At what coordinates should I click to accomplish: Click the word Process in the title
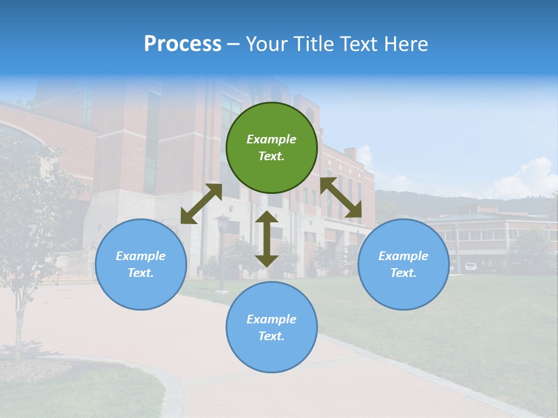[183, 44]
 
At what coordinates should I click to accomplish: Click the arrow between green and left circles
[201, 204]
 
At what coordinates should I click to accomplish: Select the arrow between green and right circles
[341, 197]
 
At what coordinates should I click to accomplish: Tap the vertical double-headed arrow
[266, 239]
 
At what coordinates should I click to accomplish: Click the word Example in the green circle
[271, 139]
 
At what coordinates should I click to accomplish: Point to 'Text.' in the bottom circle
[271, 336]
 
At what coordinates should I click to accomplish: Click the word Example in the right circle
[403, 256]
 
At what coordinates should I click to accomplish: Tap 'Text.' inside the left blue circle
[141, 273]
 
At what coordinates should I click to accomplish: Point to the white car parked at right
[471, 266]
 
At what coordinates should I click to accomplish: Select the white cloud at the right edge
[529, 177]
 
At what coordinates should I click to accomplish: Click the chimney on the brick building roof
[350, 153]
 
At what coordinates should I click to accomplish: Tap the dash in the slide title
[233, 44]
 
